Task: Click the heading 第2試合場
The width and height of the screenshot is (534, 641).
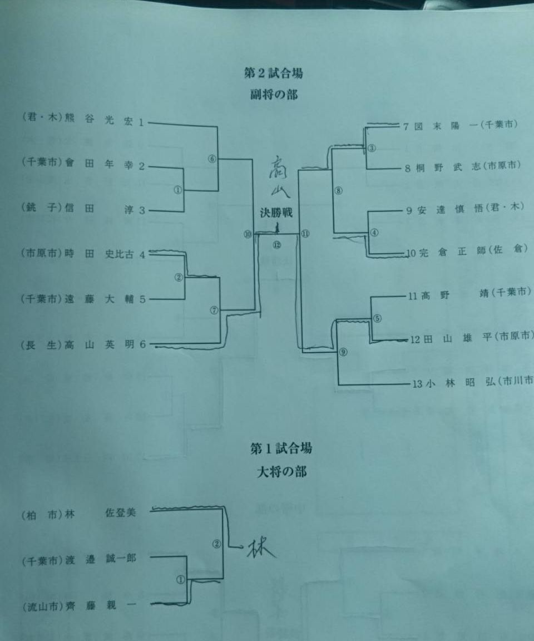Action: tap(273, 73)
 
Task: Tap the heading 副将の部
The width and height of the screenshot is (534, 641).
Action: tap(273, 95)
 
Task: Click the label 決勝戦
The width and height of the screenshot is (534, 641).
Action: tap(276, 213)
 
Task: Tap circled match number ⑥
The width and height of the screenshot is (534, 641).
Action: tap(212, 158)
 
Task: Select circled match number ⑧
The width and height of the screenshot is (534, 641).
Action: tap(339, 190)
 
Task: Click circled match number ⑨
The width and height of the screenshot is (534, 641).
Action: tap(343, 352)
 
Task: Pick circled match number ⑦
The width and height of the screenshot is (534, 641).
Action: tap(214, 310)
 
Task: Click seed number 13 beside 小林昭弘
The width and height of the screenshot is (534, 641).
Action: tap(417, 383)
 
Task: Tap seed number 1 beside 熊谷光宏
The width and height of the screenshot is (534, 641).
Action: tap(141, 122)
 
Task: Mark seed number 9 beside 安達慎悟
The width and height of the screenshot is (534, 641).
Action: tap(409, 211)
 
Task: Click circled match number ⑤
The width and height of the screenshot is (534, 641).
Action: tap(377, 319)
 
